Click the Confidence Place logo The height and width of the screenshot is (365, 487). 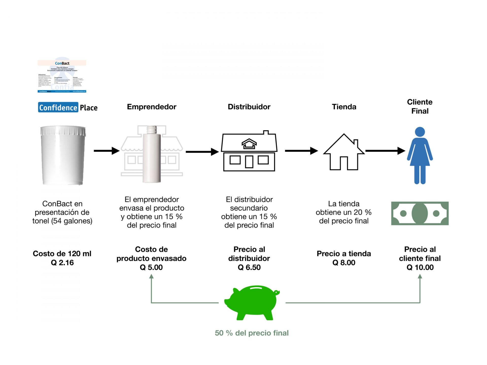[x=68, y=107]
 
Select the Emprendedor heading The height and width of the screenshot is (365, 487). [x=152, y=107]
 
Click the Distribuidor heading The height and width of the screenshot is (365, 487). [x=249, y=107]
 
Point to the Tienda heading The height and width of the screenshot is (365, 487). [x=344, y=107]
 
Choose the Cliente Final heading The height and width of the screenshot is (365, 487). [x=420, y=106]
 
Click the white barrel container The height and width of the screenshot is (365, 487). [x=63, y=155]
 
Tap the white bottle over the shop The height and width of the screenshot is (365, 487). [x=152, y=155]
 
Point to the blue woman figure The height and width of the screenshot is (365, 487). [x=420, y=155]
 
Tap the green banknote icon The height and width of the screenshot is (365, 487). [x=420, y=213]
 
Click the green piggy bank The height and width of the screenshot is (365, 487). [x=252, y=302]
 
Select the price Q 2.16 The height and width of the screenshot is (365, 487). [x=62, y=263]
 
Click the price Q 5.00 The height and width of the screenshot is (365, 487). [x=151, y=267]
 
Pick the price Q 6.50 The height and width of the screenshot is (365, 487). [x=249, y=267]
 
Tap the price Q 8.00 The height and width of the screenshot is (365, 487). [x=344, y=263]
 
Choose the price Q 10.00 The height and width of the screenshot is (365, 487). [x=420, y=267]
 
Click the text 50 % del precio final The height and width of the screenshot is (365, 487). [x=252, y=333]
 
